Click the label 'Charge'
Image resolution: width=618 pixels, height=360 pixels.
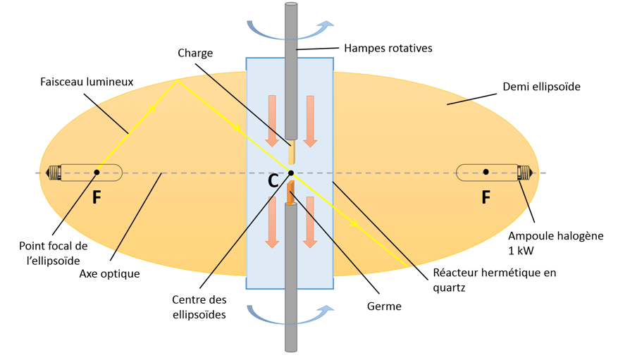click(x=195, y=53)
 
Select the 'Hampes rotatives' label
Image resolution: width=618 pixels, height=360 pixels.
click(x=388, y=49)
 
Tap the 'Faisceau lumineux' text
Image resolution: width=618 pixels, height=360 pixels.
click(x=87, y=82)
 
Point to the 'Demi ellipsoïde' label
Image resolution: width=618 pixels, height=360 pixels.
click(x=541, y=87)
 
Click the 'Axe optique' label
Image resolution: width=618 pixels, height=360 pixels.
click(x=109, y=273)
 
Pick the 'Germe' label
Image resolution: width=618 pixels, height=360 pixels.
click(x=383, y=306)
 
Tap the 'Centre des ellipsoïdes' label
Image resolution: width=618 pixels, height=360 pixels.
click(x=198, y=308)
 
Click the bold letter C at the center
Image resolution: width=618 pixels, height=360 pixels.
click(x=273, y=181)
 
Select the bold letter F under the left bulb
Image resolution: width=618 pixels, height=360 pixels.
click(x=97, y=198)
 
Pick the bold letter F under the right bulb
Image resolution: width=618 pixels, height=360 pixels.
click(x=486, y=198)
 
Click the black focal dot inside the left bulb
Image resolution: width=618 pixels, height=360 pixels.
click(x=97, y=172)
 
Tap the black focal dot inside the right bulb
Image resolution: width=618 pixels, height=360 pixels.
click(x=486, y=172)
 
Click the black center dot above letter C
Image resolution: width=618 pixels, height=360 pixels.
click(x=290, y=173)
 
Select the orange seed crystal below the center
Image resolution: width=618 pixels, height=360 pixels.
click(x=290, y=194)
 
